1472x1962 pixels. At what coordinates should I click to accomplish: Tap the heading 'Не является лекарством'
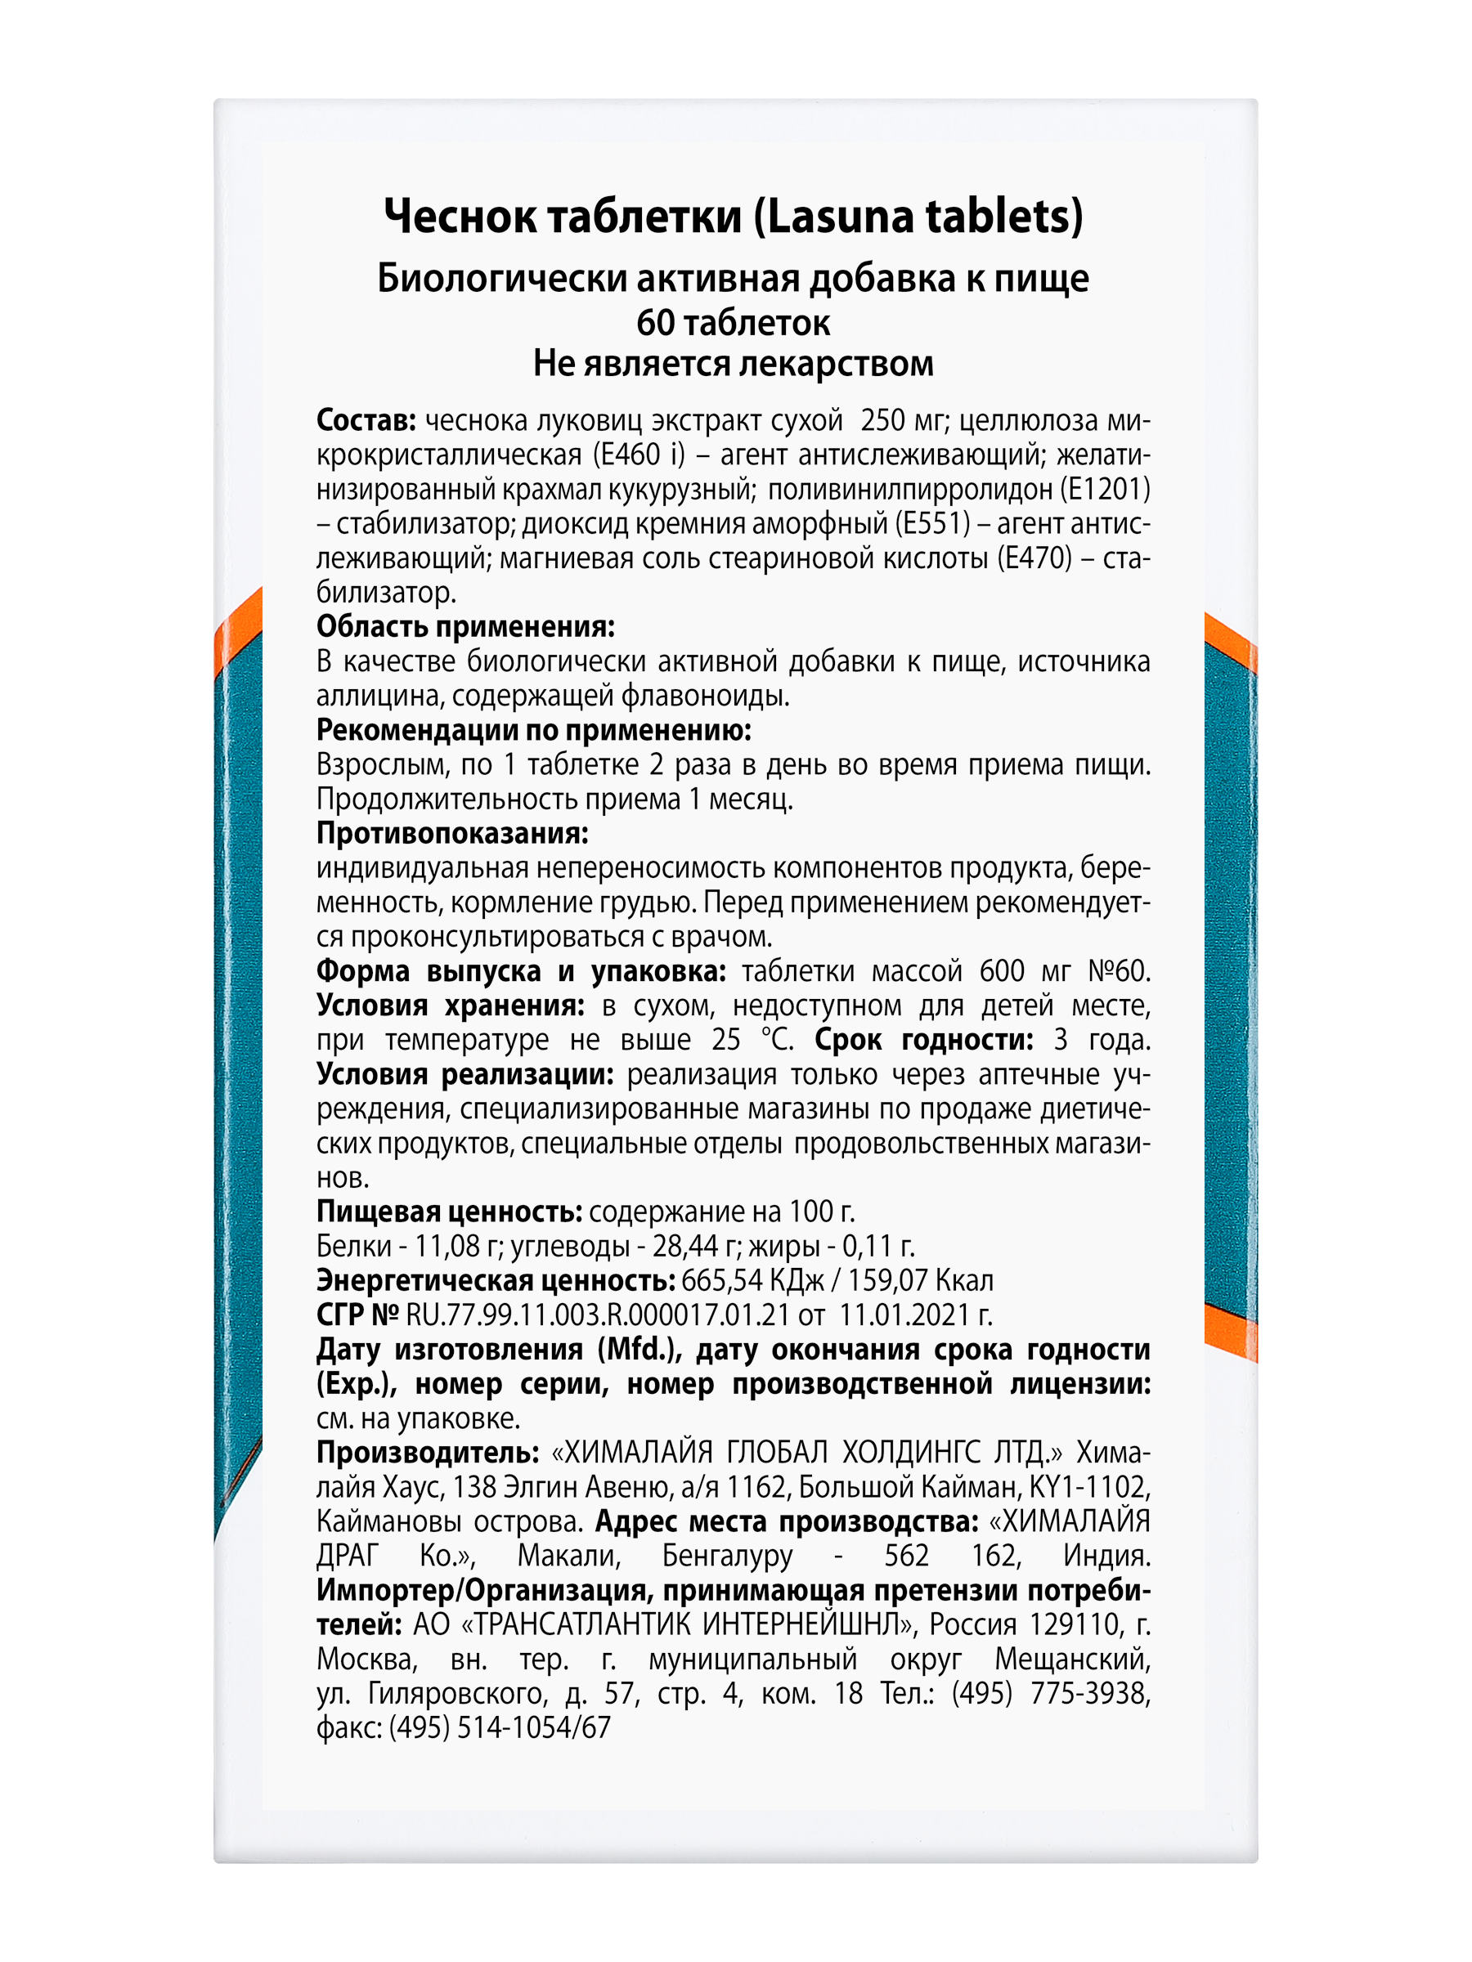pyautogui.click(x=733, y=364)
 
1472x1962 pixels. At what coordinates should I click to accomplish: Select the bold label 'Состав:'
pyautogui.click(x=366, y=419)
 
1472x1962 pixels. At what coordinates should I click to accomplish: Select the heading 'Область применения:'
pyautogui.click(x=465, y=626)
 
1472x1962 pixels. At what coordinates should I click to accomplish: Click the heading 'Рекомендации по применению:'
pyautogui.click(x=533, y=730)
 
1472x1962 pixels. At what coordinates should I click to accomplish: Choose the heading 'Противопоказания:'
pyautogui.click(x=451, y=834)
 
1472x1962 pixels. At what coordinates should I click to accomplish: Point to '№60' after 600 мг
pyautogui.click(x=1118, y=971)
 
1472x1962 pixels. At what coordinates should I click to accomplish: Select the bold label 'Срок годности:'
pyautogui.click(x=923, y=1040)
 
